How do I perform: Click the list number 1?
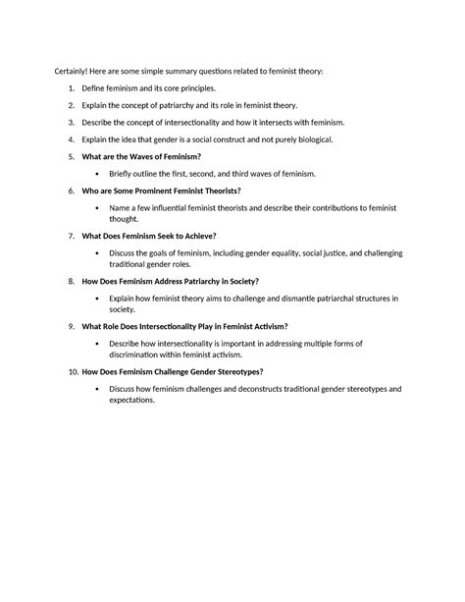click(72, 88)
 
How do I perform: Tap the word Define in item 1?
click(96, 88)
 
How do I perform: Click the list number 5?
click(72, 157)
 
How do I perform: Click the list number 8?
click(72, 281)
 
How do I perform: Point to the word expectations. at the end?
click(137, 400)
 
